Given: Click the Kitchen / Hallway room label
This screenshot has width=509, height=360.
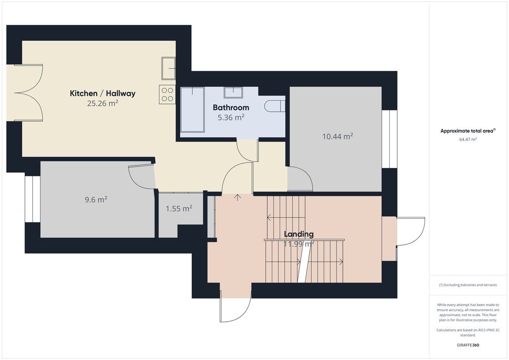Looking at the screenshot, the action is click(x=102, y=93).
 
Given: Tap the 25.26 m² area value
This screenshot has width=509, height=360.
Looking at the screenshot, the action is click(x=102, y=103).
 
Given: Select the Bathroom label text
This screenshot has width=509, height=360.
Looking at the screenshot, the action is click(x=231, y=107).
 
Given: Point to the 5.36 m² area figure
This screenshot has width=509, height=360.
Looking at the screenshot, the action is click(x=231, y=117).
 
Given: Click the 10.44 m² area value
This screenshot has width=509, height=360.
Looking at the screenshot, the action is click(x=338, y=136).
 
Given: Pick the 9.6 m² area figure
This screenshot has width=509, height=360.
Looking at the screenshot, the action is click(x=96, y=199).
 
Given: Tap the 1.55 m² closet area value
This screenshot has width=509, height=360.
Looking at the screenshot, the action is click(x=179, y=208).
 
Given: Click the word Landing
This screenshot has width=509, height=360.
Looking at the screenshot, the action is click(x=299, y=234).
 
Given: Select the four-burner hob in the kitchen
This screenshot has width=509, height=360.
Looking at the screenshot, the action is click(x=167, y=94).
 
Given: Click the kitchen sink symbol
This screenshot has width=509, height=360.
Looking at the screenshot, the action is click(x=169, y=68).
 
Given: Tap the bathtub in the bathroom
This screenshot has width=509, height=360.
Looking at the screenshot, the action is click(x=192, y=110).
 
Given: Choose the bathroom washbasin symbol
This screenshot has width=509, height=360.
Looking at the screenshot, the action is click(x=233, y=92).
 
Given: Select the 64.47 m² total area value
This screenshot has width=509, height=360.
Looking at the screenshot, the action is click(x=468, y=140).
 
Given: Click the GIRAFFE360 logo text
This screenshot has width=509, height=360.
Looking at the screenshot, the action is click(x=468, y=345).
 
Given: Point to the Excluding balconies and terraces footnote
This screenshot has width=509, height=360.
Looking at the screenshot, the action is click(x=468, y=285).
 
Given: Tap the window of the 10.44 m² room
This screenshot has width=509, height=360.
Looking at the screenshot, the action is click(x=390, y=139).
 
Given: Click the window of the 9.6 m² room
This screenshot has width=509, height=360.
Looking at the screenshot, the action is click(x=33, y=199).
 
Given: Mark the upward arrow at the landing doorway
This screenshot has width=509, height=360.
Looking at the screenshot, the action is click(x=238, y=197).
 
